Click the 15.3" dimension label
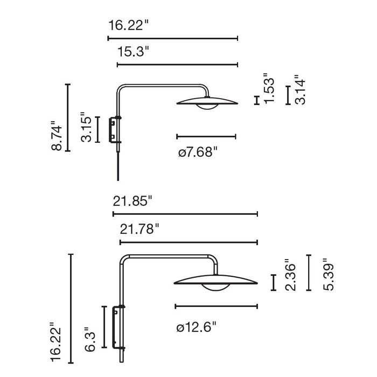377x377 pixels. click(133, 52)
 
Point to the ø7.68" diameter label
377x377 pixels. click(198, 152)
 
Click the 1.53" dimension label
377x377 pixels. click(269, 88)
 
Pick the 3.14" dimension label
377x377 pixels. click(301, 89)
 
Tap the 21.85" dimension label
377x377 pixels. click(132, 201)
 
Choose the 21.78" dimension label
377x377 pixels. click(139, 229)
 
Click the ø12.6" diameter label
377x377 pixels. click(196, 327)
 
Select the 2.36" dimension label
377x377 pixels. click(290, 275)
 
